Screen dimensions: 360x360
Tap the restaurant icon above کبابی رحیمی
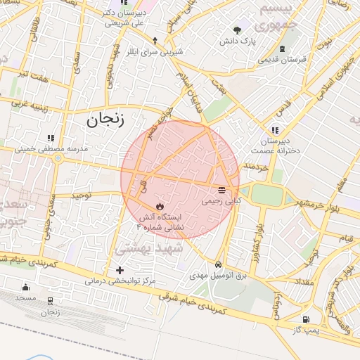[221, 190]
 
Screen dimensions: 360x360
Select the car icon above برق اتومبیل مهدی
[219, 265]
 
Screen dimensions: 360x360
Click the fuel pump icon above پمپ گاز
[305, 320]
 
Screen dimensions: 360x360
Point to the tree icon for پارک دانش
[238, 30]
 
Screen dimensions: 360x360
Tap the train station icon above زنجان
[50, 301]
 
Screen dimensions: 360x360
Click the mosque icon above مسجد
[26, 287]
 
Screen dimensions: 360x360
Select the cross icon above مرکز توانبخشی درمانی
[120, 270]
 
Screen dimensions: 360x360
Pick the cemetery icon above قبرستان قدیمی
[282, 48]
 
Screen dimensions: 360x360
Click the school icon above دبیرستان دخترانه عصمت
[274, 130]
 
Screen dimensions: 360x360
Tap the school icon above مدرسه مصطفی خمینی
[50, 139]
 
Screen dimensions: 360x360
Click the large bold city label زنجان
[105, 120]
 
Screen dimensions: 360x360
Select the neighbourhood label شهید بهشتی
[149, 248]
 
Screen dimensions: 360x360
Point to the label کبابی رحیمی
[221, 200]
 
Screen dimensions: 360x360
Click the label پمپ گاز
[306, 330]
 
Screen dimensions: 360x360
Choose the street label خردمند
[256, 167]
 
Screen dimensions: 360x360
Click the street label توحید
[81, 195]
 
